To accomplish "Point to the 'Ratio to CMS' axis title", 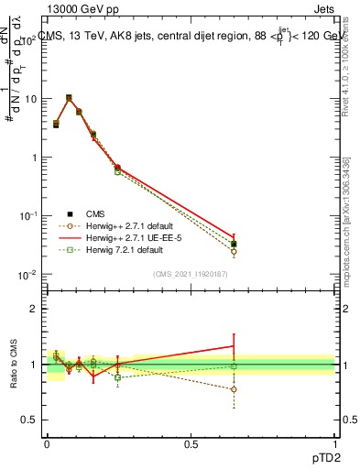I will (x=14, y=366).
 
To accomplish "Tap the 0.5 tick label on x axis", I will (x=191, y=444).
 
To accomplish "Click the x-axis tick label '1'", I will (x=335, y=444).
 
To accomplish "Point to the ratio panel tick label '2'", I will (x=34, y=309).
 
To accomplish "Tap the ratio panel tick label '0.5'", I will (x=29, y=420).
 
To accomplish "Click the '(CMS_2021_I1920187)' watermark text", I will (x=191, y=273).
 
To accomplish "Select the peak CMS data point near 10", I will (x=69, y=98).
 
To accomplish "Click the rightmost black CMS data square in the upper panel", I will (x=234, y=245).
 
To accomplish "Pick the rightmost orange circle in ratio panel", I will (x=234, y=389).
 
